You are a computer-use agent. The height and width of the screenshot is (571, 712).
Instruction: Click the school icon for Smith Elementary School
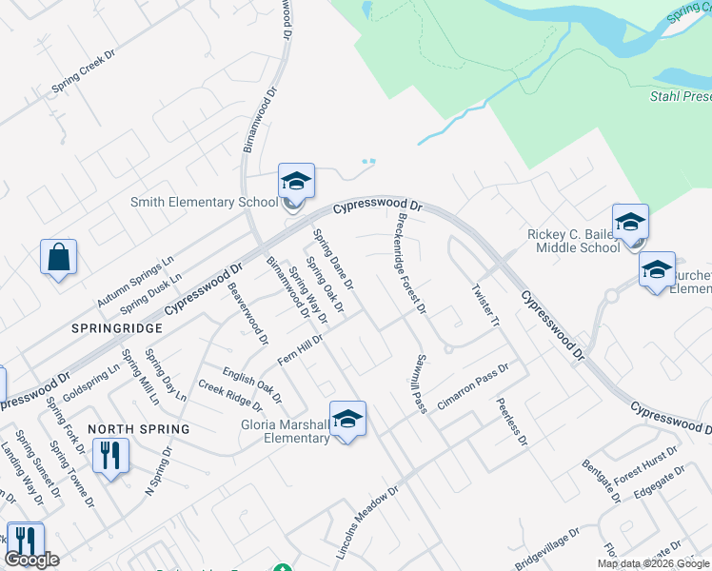click(x=296, y=181)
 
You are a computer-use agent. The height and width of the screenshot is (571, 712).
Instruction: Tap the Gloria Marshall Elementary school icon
click(x=348, y=419)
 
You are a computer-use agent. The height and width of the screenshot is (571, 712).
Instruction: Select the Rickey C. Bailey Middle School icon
click(x=630, y=222)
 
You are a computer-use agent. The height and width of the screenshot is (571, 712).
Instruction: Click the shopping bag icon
click(x=58, y=257)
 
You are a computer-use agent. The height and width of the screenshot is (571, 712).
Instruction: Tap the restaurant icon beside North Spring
click(x=111, y=456)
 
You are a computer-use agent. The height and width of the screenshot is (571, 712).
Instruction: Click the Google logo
click(x=32, y=560)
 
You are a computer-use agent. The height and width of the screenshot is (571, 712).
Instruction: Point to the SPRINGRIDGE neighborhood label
click(x=115, y=327)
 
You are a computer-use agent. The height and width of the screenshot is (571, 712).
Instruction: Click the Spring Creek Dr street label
click(x=83, y=70)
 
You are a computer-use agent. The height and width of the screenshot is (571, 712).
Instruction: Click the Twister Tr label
click(x=485, y=305)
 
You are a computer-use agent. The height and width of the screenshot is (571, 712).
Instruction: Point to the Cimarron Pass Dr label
click(x=474, y=385)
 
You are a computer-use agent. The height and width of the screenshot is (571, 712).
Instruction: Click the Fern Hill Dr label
click(x=301, y=349)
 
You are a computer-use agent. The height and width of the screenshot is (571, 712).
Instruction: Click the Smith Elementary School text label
click(x=204, y=202)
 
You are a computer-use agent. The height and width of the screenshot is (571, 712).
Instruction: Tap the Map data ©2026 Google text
click(x=654, y=563)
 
